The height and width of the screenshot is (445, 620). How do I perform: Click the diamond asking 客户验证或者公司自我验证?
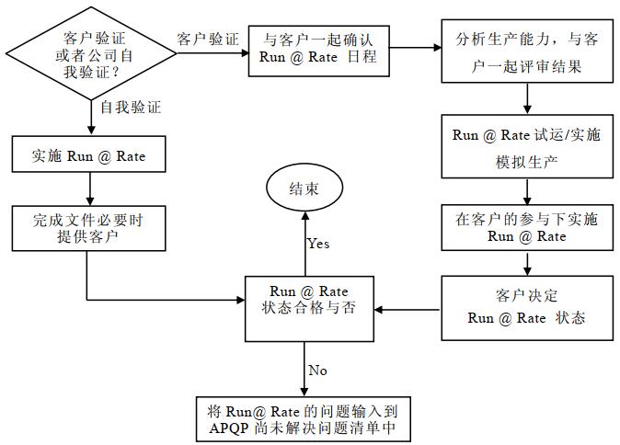point(89,50)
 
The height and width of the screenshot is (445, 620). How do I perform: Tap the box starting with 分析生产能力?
point(527,52)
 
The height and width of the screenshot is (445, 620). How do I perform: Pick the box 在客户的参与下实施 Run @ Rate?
point(526,228)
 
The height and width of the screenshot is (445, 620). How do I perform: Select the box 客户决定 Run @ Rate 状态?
point(526,307)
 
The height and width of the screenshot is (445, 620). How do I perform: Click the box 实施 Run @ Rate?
point(88,156)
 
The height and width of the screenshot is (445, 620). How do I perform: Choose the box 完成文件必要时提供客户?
point(88,228)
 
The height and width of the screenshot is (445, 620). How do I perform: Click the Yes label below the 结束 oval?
point(318,245)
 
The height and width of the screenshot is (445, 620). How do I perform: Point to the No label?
point(317,370)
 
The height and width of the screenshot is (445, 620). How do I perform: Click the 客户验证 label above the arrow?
point(207,40)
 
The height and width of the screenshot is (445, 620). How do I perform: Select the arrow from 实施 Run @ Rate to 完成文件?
point(89,189)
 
